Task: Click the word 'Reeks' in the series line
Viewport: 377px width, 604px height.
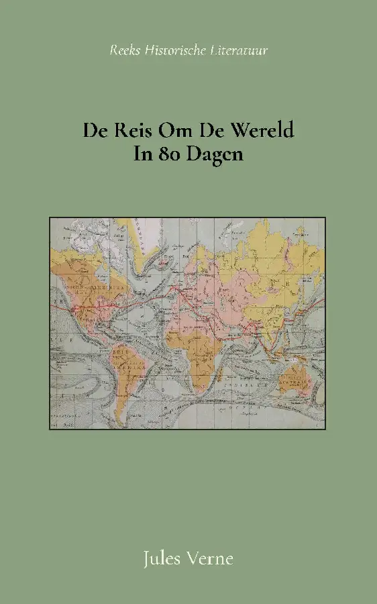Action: coord(125,50)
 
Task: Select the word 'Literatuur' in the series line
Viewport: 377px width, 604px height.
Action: coord(239,50)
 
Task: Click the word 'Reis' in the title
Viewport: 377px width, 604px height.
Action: coord(131,130)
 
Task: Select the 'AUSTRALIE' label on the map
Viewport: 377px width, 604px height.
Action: coord(295,385)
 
